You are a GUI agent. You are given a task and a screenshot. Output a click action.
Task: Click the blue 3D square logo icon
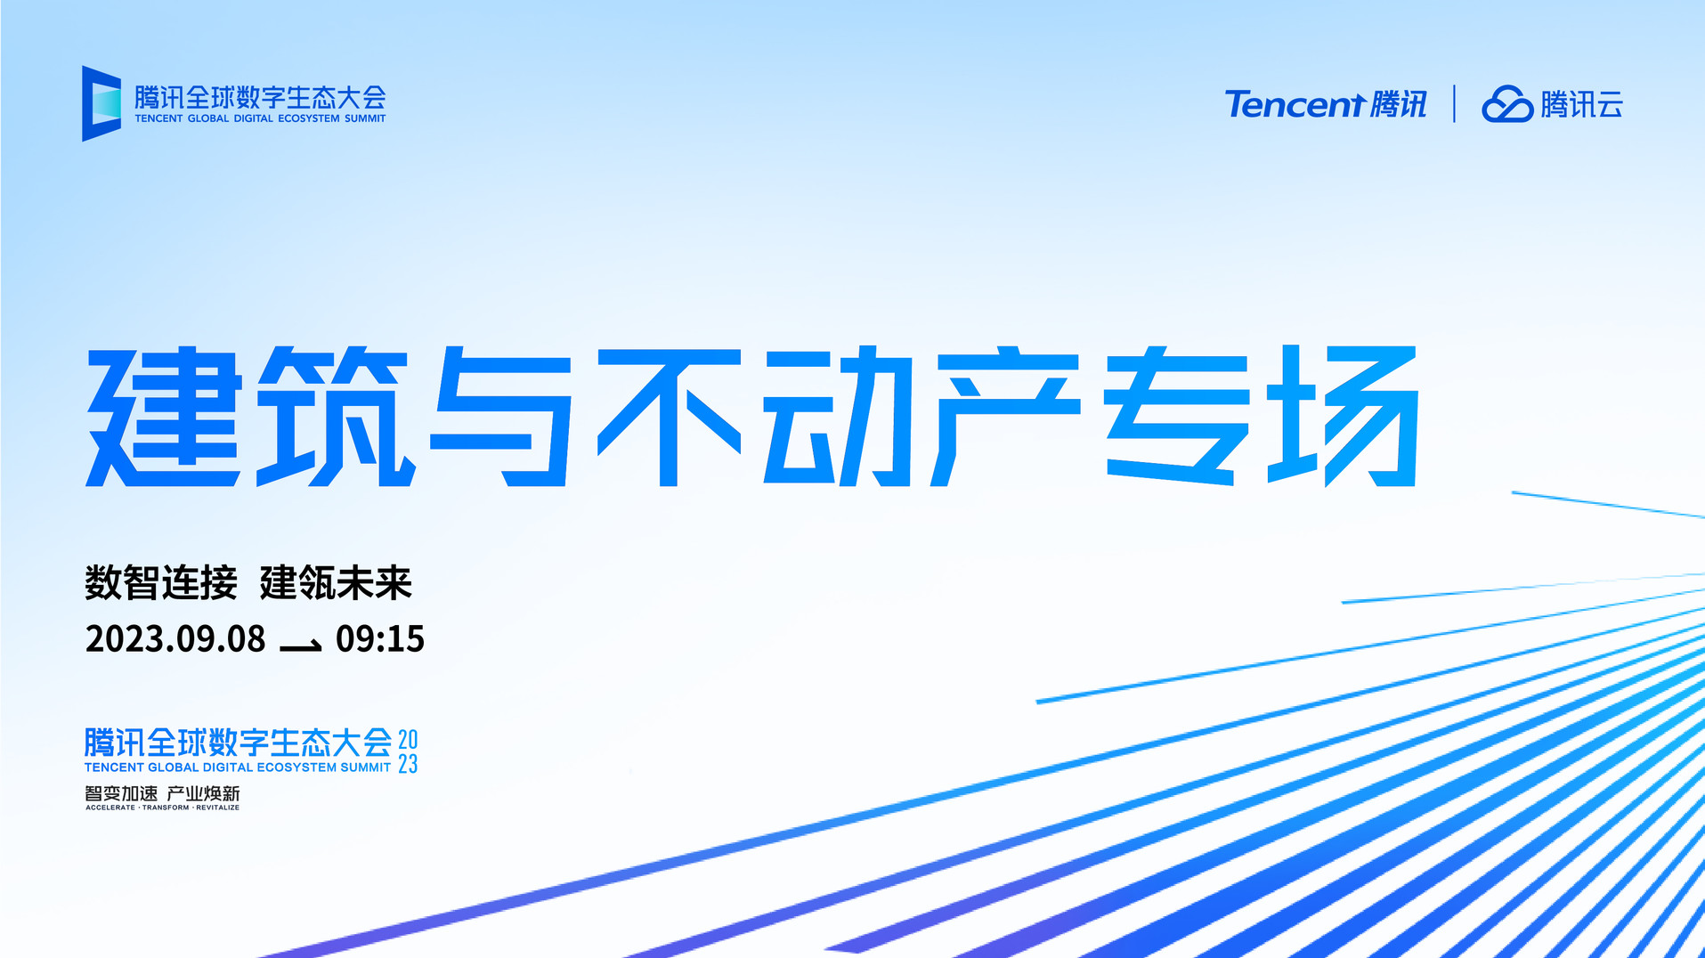[101, 103]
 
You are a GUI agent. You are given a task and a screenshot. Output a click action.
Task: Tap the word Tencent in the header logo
[1295, 104]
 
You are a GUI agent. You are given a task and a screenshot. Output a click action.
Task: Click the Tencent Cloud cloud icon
[1506, 104]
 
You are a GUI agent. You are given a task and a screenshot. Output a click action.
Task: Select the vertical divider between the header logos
[1454, 103]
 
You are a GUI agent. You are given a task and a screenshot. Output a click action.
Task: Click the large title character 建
[164, 417]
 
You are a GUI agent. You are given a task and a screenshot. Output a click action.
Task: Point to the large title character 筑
[336, 417]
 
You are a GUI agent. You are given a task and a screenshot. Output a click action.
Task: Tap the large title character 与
[500, 417]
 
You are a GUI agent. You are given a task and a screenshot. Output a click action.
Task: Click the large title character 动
[838, 417]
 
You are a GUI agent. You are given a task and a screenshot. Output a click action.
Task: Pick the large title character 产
[1005, 417]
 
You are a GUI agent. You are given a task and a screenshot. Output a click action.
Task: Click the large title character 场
[1343, 417]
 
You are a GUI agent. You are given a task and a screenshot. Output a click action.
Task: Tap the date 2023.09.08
[175, 639]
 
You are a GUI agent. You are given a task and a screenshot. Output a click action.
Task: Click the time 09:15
[380, 639]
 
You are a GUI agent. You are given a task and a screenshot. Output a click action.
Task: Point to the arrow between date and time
[301, 645]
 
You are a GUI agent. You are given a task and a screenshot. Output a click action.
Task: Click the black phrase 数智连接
[161, 583]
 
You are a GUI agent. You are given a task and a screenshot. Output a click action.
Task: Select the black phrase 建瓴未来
[336, 583]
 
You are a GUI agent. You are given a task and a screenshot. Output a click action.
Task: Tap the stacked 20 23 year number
[408, 751]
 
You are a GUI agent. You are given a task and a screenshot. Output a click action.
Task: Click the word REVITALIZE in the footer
[218, 808]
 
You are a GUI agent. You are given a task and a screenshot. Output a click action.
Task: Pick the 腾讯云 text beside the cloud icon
[1582, 104]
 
